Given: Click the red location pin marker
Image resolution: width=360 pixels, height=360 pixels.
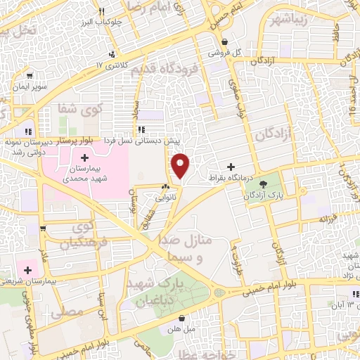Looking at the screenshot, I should [x=181, y=165].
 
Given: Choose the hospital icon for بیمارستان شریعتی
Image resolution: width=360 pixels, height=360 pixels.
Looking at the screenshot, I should [x=29, y=269].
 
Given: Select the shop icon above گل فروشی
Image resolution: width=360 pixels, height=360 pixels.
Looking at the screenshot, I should [x=224, y=41].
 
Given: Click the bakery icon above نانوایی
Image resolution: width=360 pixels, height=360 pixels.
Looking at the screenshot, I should [x=165, y=187].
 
